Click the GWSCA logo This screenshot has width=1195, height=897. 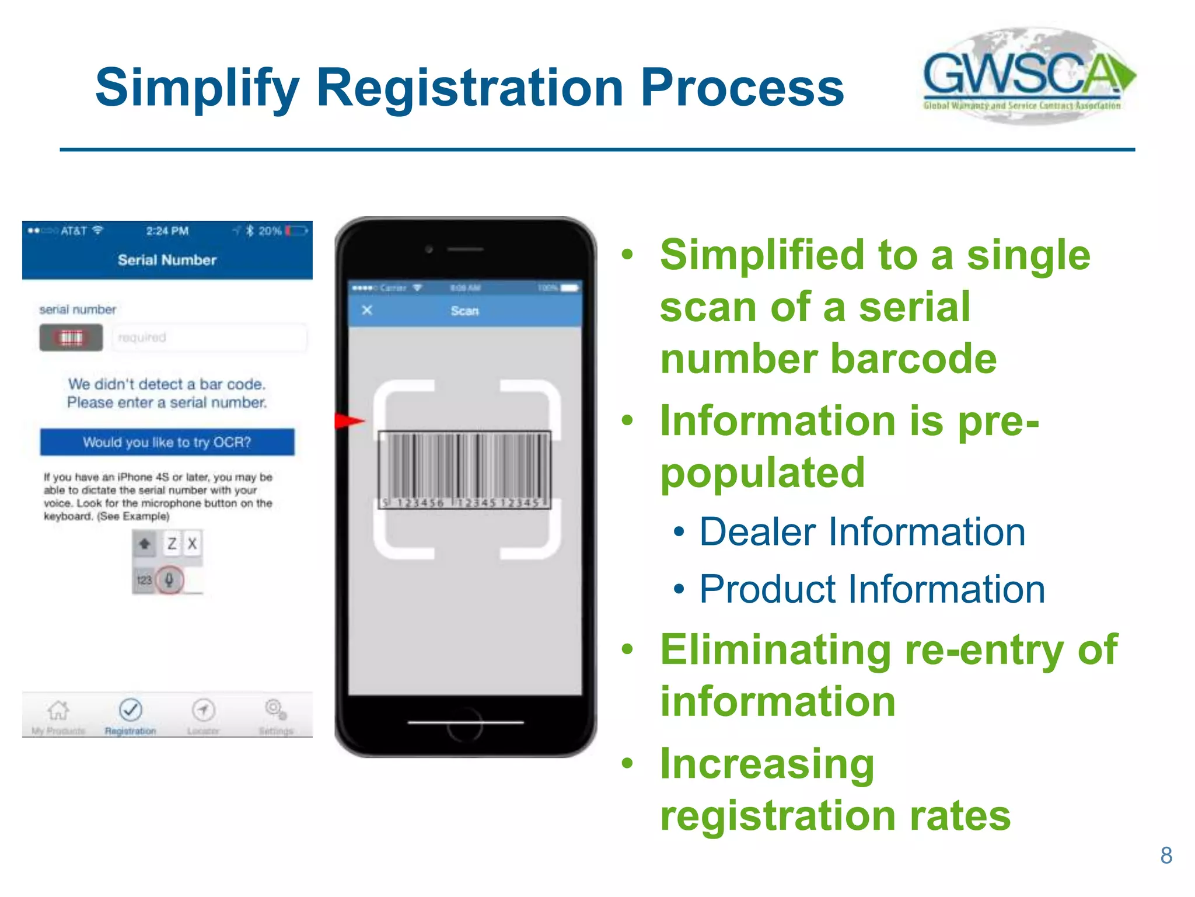(1028, 76)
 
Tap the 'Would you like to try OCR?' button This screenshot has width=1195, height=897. (167, 442)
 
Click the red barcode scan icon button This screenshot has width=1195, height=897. (71, 338)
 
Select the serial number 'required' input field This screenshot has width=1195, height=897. (209, 338)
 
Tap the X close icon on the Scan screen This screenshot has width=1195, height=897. (367, 310)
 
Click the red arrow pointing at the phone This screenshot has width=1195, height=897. (350, 420)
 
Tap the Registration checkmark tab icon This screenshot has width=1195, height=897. (130, 710)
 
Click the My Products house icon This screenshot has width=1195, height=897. (58, 710)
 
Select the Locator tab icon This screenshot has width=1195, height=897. (203, 710)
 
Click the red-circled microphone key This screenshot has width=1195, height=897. (169, 580)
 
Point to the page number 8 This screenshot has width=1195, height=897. (1166, 856)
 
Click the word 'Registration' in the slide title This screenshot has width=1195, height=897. (470, 88)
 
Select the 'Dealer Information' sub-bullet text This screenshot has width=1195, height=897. (862, 532)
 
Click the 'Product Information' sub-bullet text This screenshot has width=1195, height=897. (872, 589)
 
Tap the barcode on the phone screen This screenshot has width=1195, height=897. (464, 469)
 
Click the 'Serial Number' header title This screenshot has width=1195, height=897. (167, 260)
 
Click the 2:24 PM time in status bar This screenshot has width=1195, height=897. (167, 231)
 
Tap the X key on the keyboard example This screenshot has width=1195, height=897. (193, 544)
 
